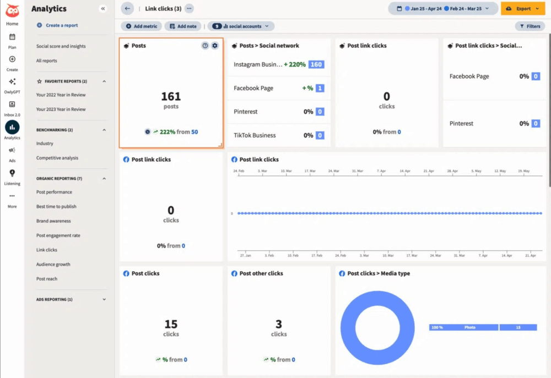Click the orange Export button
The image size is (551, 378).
(x=522, y=9)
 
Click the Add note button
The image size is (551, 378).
(x=182, y=26)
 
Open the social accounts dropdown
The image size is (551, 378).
(x=241, y=26)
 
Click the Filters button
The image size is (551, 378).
(x=530, y=26)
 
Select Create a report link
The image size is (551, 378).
(x=61, y=25)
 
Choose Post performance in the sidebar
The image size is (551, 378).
(x=54, y=192)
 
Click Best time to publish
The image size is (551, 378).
(x=56, y=206)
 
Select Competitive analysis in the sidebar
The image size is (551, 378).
(x=57, y=158)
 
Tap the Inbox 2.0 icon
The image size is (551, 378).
(x=12, y=105)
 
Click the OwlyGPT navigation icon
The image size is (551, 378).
(x=12, y=82)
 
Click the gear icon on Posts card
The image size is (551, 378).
(x=215, y=46)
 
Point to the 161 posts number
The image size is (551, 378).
(x=171, y=97)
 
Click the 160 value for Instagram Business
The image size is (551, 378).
(x=316, y=64)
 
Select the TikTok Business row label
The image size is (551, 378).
(x=255, y=135)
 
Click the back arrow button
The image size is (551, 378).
(x=127, y=9)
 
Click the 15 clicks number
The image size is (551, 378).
(x=171, y=324)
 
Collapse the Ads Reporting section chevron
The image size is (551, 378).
(x=104, y=299)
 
